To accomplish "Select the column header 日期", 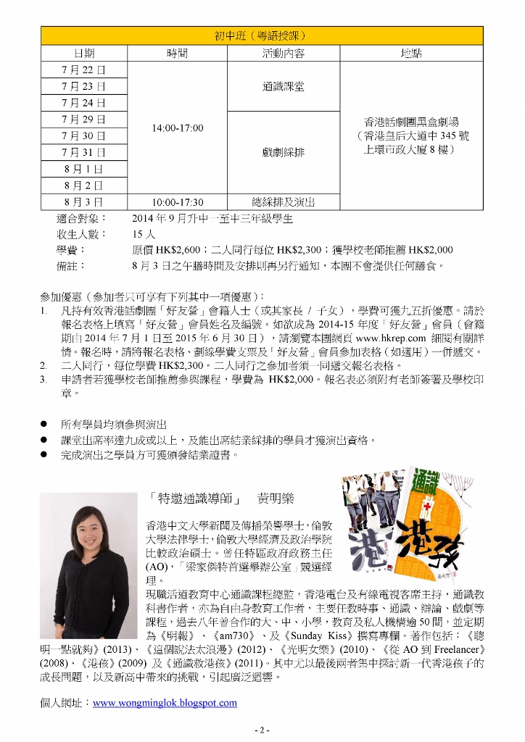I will [x=83, y=54].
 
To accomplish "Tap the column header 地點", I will [x=411, y=54].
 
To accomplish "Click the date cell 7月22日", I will [x=83, y=70].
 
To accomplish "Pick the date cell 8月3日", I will [x=83, y=201].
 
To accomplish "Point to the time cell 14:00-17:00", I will [x=177, y=128].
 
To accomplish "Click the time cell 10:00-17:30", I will [x=177, y=202].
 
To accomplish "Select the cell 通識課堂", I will [x=283, y=86].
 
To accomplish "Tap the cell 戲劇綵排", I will [x=283, y=152].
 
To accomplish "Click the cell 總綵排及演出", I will [x=283, y=202].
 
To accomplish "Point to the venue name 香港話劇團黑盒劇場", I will [x=411, y=122].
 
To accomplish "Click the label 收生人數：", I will [x=80, y=234].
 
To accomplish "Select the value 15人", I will [x=144, y=234].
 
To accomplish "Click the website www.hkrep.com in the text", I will [x=390, y=337].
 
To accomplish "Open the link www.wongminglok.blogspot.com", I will [x=165, y=702].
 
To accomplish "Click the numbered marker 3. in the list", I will [x=44, y=379].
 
